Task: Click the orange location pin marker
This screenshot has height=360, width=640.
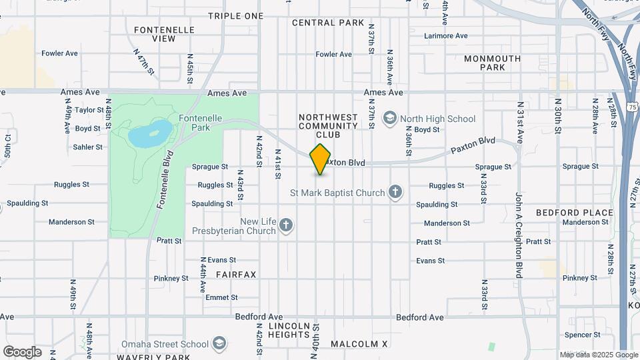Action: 321,159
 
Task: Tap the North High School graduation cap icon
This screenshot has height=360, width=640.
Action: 389,119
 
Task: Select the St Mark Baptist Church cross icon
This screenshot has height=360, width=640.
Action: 395,193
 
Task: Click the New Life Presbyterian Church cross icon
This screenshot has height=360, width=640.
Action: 286,226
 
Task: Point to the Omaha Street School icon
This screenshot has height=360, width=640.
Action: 219,344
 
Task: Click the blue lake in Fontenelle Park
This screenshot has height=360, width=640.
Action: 147,134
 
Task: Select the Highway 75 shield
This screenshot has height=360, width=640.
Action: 632,107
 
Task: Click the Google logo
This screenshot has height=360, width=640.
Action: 22,351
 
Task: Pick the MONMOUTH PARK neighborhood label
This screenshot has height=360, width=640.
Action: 493,63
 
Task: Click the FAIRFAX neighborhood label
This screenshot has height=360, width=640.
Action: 236,274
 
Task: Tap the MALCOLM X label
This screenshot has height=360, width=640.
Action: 359,344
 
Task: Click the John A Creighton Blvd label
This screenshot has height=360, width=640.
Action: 518,235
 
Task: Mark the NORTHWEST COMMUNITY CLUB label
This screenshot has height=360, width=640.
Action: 329,125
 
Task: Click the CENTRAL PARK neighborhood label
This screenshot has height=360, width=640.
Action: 328,23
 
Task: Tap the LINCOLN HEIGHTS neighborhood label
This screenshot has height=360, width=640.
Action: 289,330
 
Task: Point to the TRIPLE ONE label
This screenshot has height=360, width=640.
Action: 236,15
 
